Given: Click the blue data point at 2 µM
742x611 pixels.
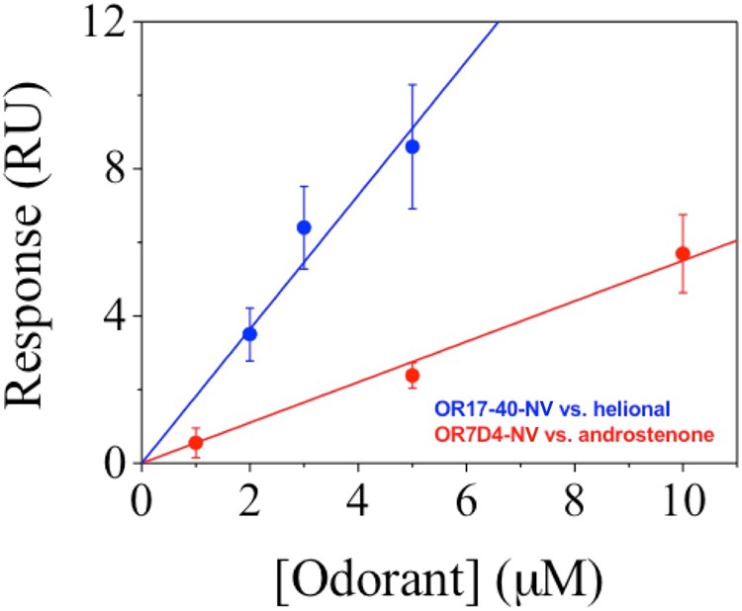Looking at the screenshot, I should coord(249,333).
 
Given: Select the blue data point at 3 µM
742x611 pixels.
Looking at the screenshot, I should coord(304,227).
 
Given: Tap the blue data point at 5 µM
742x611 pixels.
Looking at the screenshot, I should coord(412,146).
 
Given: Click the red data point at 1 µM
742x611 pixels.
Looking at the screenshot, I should coord(196,442).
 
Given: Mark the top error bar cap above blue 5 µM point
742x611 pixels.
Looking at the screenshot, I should coord(412,85).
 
